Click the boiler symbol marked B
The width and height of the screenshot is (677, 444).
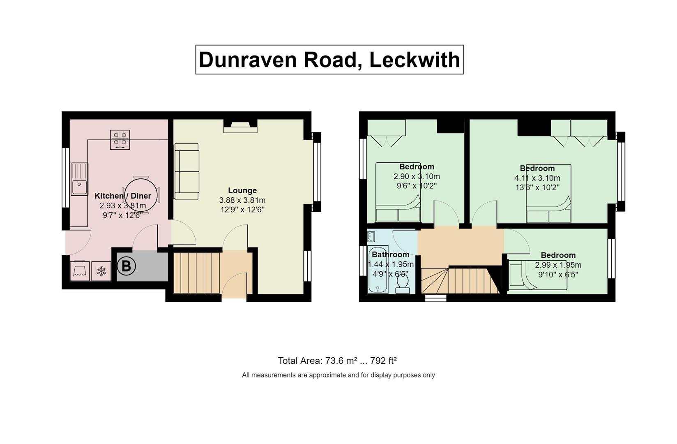click(x=126, y=266)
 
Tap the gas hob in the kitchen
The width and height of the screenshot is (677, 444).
click(x=120, y=139)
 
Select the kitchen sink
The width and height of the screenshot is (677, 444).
click(x=79, y=179)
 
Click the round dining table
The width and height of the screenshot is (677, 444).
click(x=141, y=195)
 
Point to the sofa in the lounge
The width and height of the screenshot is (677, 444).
click(x=187, y=171)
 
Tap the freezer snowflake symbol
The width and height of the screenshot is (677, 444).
click(x=101, y=271)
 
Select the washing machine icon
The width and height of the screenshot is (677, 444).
click(x=80, y=271)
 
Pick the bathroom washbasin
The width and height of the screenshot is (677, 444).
click(x=371, y=236)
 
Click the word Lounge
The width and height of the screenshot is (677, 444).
click(x=242, y=190)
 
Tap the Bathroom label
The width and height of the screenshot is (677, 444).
click(x=391, y=254)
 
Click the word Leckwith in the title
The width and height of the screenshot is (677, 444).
click(x=414, y=60)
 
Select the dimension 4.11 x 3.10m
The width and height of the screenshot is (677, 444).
click(x=537, y=178)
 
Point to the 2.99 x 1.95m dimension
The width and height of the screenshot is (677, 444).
click(x=558, y=265)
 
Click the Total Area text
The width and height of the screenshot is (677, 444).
click(x=337, y=361)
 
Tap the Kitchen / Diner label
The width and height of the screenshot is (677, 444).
click(x=123, y=196)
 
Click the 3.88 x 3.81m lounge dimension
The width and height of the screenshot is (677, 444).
click(x=242, y=200)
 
